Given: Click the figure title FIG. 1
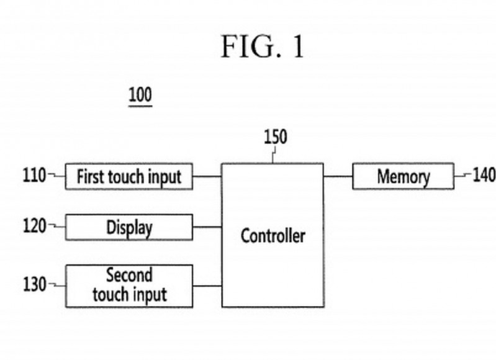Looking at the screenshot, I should click(x=263, y=48).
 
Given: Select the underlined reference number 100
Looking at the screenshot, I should click(x=140, y=96).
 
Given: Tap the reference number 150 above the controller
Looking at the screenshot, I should click(x=276, y=137).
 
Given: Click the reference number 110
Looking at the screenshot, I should click(x=35, y=176).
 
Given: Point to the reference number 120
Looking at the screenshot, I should click(x=35, y=227).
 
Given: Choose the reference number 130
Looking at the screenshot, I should click(x=35, y=284).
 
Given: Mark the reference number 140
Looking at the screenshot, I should click(x=484, y=176).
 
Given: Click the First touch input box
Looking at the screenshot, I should click(x=129, y=176).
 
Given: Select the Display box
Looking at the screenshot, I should click(x=129, y=227).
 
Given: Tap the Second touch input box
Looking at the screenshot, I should click(x=129, y=286).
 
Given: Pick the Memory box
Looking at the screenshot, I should click(x=403, y=176).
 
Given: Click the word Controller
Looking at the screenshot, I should click(x=273, y=236).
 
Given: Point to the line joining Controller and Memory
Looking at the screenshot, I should click(x=338, y=176).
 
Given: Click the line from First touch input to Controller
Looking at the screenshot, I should click(x=207, y=176).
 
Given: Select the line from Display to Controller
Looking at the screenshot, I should click(x=207, y=227).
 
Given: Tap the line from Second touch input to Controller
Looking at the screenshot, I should click(x=207, y=286).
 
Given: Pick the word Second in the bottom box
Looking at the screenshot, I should click(x=129, y=275).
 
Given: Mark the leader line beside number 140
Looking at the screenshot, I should click(x=462, y=176).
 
